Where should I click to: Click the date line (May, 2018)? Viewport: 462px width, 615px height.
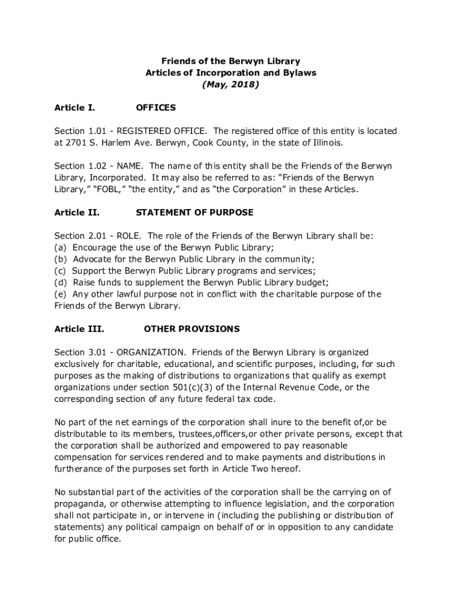coord(230,85)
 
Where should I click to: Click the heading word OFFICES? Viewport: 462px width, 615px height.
coord(156,108)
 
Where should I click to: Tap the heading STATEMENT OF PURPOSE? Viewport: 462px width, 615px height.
coord(195,213)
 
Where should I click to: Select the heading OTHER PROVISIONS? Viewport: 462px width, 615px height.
coord(192,329)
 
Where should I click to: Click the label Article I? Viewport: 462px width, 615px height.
coord(74,108)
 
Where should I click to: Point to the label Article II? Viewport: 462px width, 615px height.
coord(77,213)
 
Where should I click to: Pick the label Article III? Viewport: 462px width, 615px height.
coord(79,329)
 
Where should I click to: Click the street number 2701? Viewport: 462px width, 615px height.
coord(77,142)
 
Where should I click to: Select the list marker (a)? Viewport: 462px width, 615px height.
coord(61,247)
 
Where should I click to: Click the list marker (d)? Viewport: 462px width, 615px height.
coord(61,282)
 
